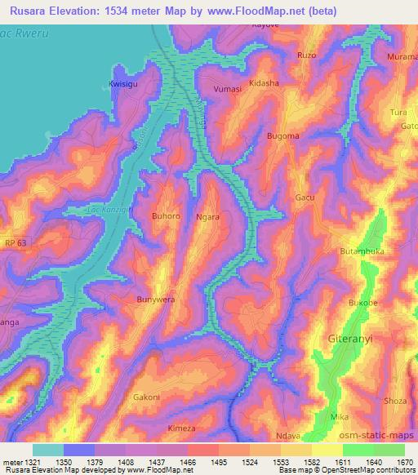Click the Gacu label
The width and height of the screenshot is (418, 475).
(x=305, y=198)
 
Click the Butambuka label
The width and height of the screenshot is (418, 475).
(x=362, y=252)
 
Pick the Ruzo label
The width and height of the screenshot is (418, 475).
(x=306, y=55)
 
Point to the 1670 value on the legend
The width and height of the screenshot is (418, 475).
(x=406, y=461)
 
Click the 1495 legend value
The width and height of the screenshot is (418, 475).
(x=219, y=461)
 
